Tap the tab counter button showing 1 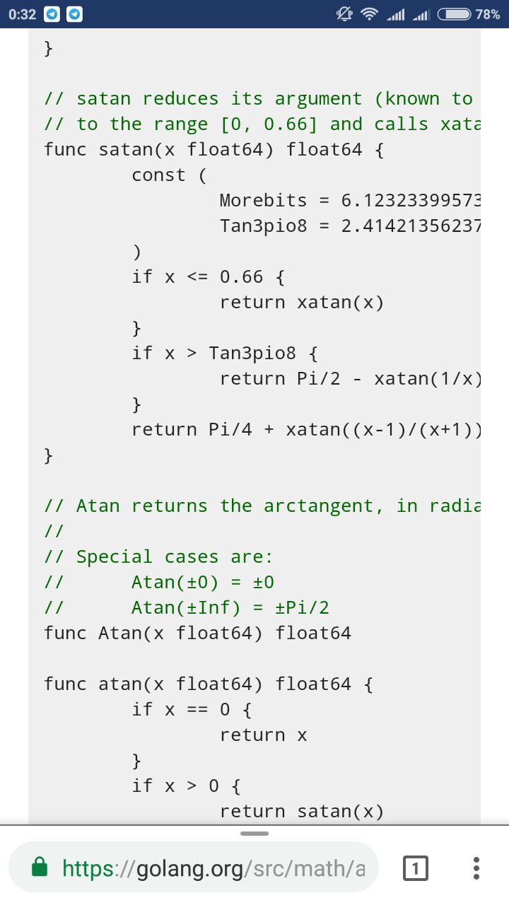pos(415,868)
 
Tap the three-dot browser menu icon pos(476,868)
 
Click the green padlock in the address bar pos(40,867)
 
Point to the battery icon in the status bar pos(454,14)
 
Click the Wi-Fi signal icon pos(369,14)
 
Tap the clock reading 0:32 pos(22,15)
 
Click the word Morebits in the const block pos(264,200)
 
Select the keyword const pos(159,175)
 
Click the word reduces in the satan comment pos(180,98)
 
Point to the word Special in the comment pos(115,556)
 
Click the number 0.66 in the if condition pos(241,276)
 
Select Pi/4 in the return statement pos(230,429)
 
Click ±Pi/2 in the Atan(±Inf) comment pos(302,607)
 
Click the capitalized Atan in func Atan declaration pos(120,633)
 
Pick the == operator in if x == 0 pos(197,710)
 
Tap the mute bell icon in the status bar pos(344,14)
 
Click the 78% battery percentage pos(488,15)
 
